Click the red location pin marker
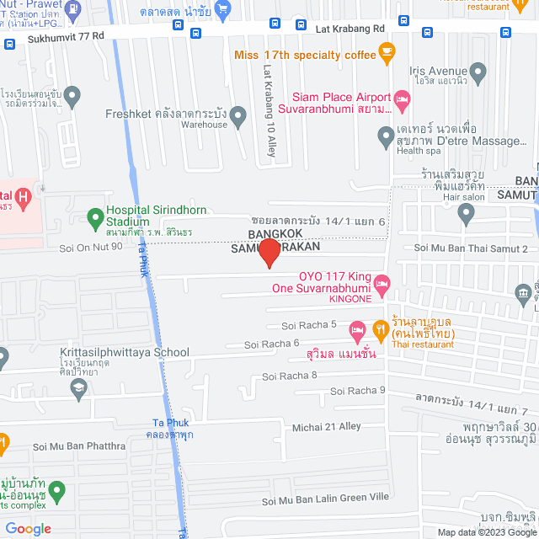point(269,253)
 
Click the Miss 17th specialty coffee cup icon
point(387,56)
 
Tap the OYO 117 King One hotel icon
point(382,284)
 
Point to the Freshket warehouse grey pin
point(239,116)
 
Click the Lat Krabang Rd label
point(350,28)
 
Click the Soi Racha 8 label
point(289,376)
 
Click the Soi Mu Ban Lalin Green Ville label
point(325,499)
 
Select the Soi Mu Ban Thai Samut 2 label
point(471,248)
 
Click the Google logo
point(27,528)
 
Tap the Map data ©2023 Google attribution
point(486,532)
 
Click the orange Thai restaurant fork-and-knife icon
point(381,328)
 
